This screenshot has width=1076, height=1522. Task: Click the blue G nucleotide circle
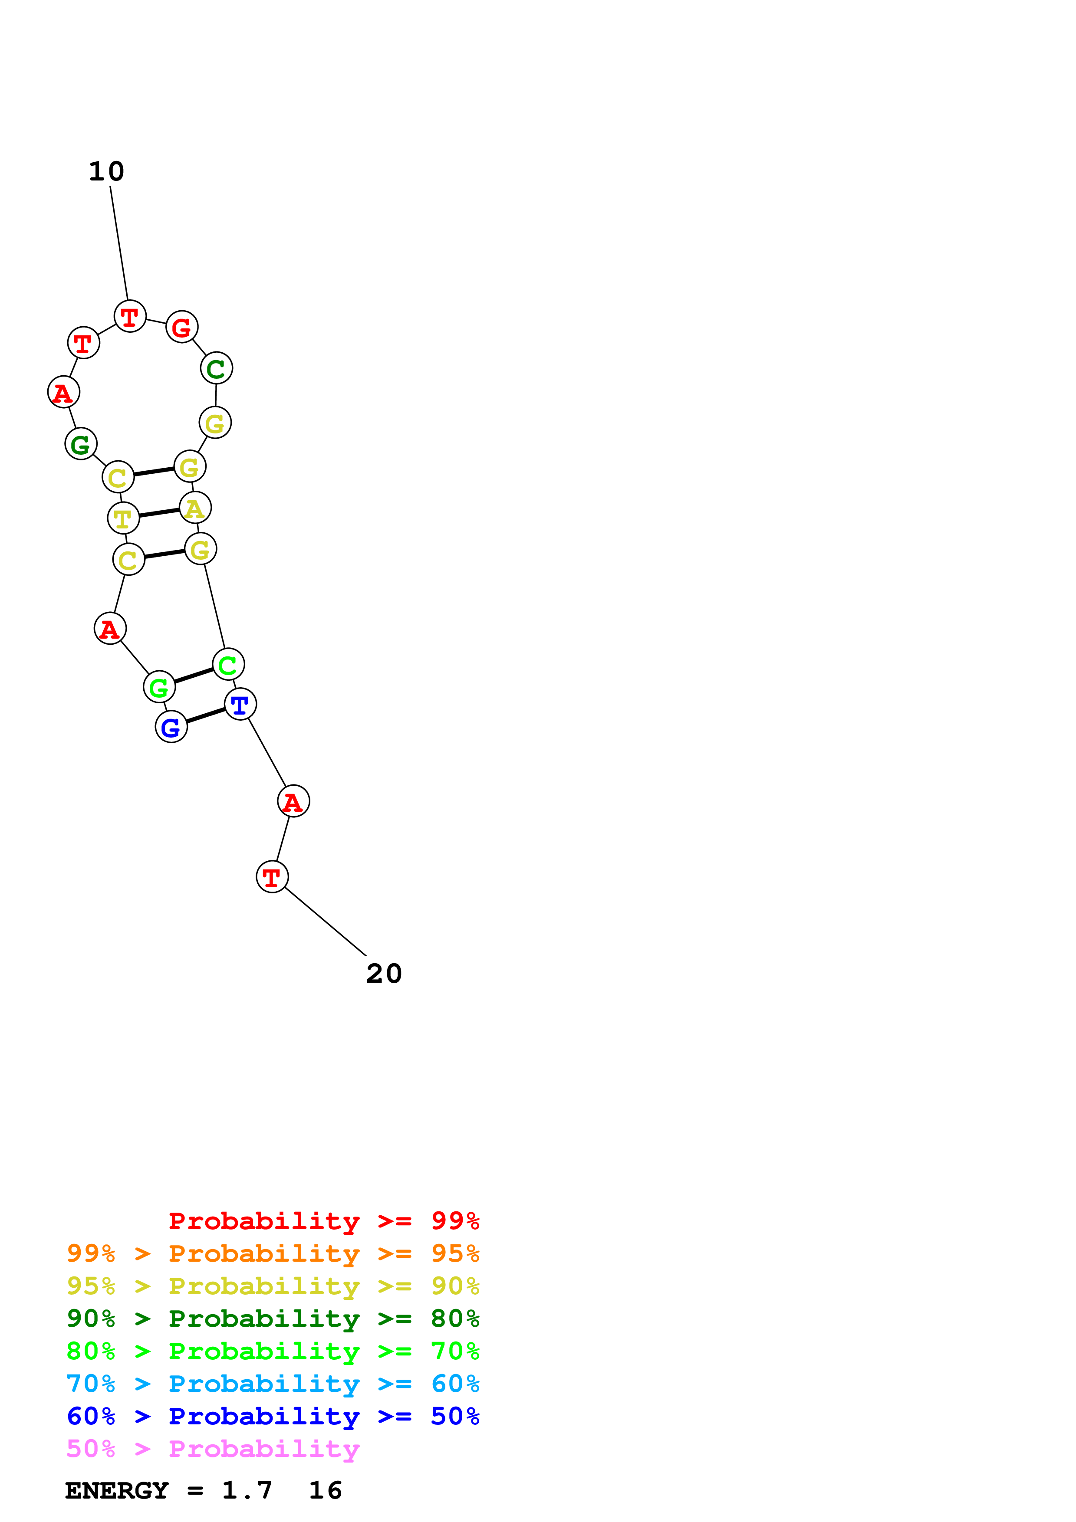[171, 727]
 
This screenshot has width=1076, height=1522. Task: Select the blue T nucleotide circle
[240, 704]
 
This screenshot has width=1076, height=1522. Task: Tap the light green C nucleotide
[228, 664]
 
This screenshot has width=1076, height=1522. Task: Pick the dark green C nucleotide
[216, 368]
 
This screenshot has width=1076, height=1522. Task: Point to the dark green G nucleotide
[81, 444]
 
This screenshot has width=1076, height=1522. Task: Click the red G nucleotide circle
[182, 327]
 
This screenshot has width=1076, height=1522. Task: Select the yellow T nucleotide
[123, 518]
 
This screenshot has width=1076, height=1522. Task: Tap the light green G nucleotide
[159, 687]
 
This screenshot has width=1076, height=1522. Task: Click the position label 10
[106, 172]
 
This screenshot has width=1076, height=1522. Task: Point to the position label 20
[384, 974]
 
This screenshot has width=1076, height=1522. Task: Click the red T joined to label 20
[272, 877]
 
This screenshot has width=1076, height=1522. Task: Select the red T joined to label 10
[130, 316]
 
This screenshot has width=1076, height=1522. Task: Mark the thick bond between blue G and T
[205, 716]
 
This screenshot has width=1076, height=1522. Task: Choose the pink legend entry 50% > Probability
[213, 1449]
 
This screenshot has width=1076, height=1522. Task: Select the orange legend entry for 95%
[273, 1253]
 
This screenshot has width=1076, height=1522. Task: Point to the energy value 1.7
[247, 1491]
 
